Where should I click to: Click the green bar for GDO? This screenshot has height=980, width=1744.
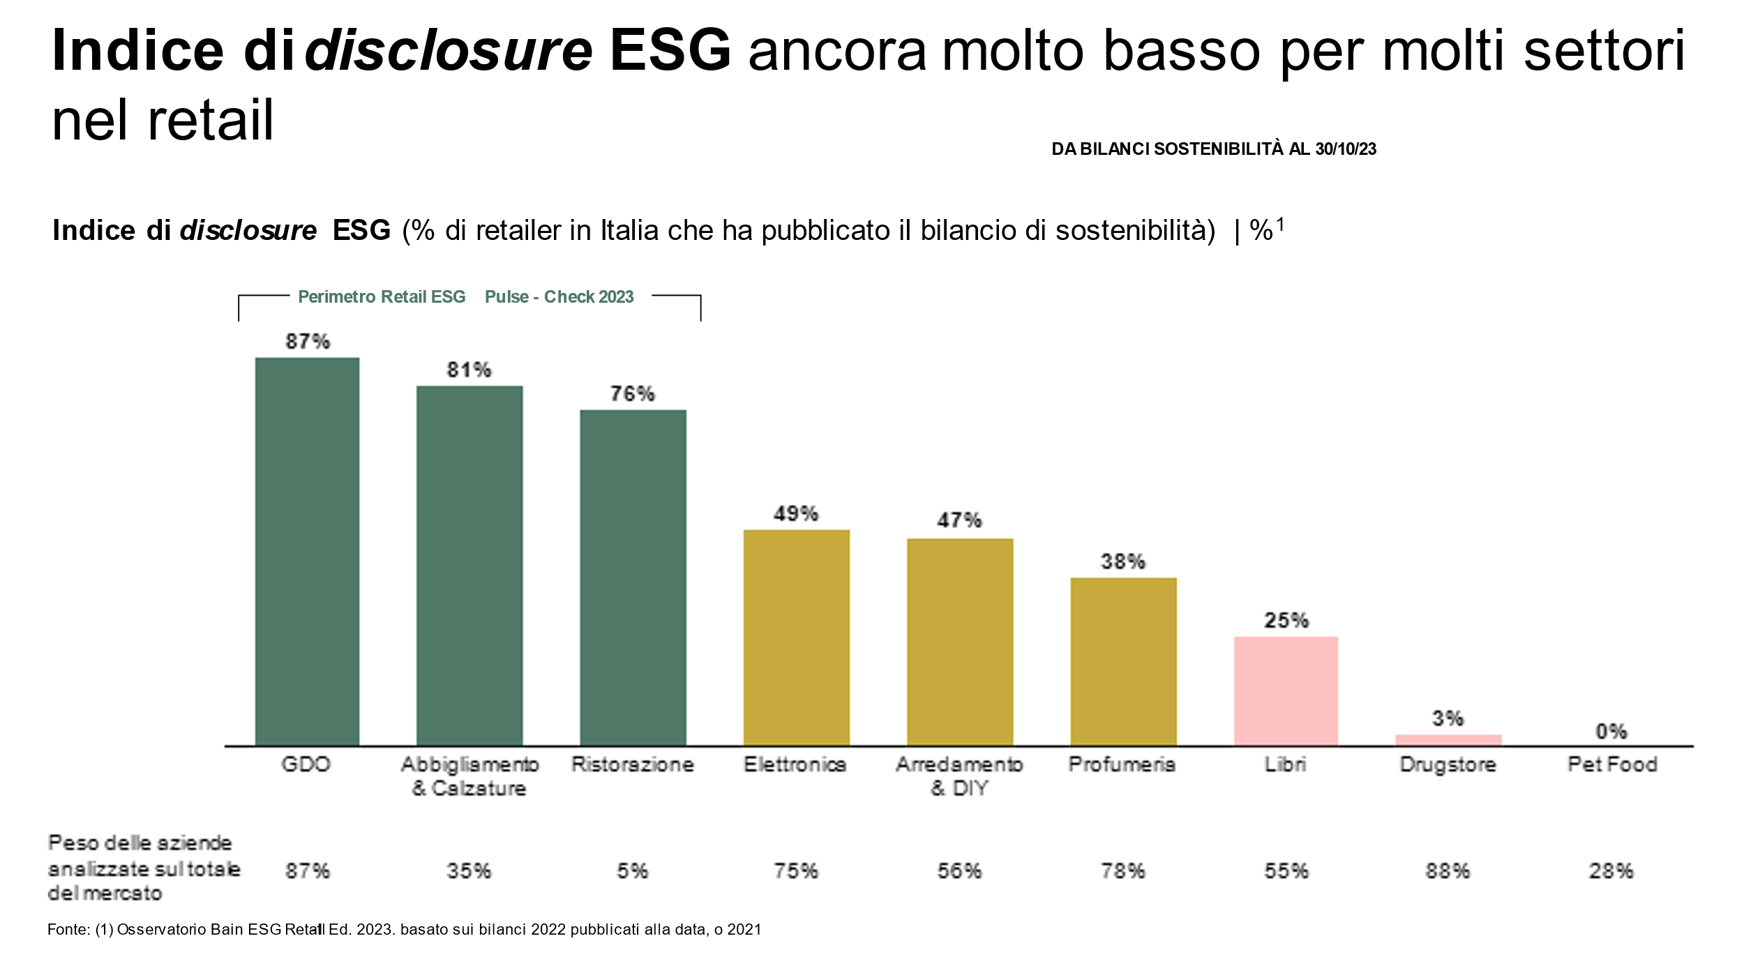pos(307,551)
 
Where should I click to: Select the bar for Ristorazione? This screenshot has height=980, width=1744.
pos(633,578)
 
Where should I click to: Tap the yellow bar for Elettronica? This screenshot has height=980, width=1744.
pos(796,638)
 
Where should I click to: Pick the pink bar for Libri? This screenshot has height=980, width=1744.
pos(1286,691)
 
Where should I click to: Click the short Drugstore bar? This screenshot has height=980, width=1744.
pos(1448,740)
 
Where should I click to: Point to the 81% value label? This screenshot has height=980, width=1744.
pos(469,370)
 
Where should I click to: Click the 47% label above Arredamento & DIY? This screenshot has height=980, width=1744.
pos(959,520)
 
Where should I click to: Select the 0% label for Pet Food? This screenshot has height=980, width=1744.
pos(1611,732)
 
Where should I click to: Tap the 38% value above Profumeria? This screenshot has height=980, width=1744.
pos(1122,561)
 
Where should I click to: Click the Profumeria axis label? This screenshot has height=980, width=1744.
pos(1122,764)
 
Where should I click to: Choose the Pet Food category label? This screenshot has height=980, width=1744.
pos(1612,764)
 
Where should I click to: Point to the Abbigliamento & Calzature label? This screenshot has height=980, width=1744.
pos(469,776)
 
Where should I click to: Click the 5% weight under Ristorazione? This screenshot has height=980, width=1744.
pos(632,871)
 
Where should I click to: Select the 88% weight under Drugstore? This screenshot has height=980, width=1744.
pos(1448,871)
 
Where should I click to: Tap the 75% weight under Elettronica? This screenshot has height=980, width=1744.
pos(796,871)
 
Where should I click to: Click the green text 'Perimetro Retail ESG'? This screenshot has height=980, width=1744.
pos(382,297)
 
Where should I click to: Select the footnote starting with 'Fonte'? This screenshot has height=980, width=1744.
pos(404,930)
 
